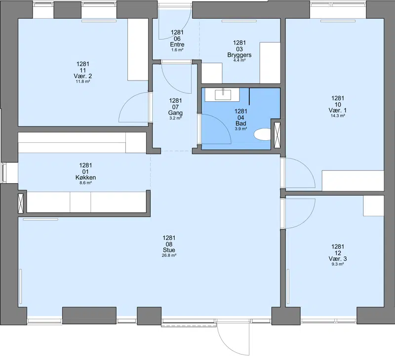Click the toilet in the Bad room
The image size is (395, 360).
pos(262,134)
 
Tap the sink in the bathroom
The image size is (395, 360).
pos(223,95)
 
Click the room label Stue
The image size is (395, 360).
pos(169,250)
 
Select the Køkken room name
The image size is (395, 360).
pos(85,177)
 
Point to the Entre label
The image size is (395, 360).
pos(177,44)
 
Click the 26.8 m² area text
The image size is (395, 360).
pos(169,255)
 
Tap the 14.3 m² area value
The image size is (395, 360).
pos(338,116)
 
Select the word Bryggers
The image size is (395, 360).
pos(239,55)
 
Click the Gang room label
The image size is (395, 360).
pos(175,113)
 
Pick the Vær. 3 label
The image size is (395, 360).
pos(338,259)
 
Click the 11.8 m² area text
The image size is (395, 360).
pos(83,81)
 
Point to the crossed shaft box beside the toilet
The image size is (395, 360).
pos(277,135)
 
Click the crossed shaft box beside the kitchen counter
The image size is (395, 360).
pos(21,203)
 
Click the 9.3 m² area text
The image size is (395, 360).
pos(338,264)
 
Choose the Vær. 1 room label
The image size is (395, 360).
pos(338,110)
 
